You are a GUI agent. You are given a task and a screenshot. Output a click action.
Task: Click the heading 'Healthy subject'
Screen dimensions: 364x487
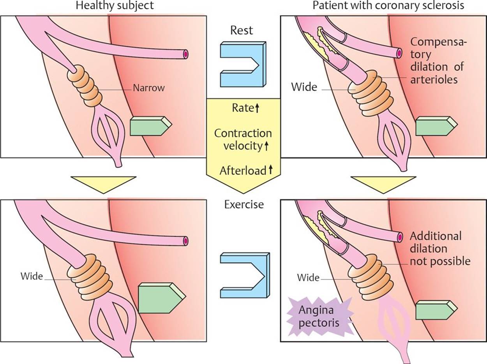click(115, 6)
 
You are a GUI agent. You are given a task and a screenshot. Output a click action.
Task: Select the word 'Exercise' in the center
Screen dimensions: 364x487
click(244, 204)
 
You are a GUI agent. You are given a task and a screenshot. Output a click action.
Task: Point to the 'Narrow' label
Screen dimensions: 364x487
click(148, 88)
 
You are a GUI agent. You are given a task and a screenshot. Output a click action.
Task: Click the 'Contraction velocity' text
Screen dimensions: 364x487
click(243, 139)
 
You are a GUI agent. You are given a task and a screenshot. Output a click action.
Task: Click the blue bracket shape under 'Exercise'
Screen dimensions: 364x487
click(243, 275)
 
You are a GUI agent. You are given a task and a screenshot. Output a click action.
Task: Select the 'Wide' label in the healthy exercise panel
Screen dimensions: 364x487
click(32, 277)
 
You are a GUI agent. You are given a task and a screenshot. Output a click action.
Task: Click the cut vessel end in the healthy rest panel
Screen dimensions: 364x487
click(186, 54)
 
